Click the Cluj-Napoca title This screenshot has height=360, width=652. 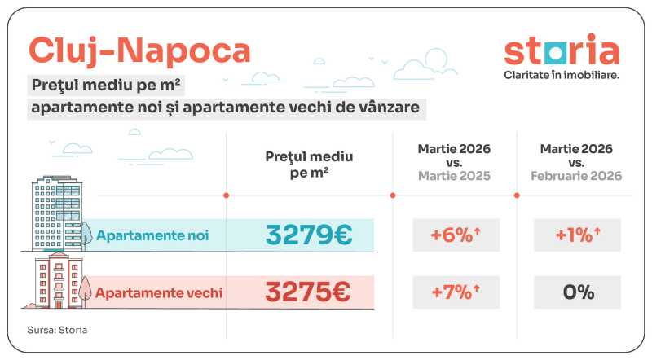coord(139,50)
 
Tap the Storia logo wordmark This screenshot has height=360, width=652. coord(562,50)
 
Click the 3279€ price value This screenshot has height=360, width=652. coord(309,235)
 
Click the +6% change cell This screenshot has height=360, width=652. coord(456,235)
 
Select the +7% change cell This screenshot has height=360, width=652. coord(456,292)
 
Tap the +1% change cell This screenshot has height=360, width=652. coord(577,235)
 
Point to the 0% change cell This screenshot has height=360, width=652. coord(577,292)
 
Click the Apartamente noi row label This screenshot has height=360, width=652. coord(152,236)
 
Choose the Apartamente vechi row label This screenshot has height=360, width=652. coord(159,292)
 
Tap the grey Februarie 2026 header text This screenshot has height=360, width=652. coord(577,176)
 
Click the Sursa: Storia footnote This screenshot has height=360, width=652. coord(58,330)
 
